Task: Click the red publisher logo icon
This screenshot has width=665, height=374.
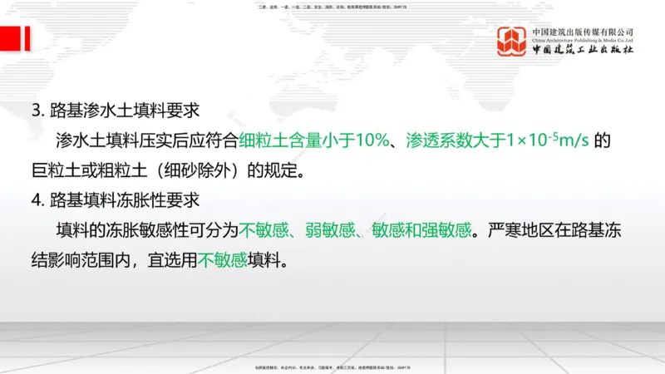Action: click(511, 42)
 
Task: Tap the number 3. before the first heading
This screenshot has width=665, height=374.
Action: click(37, 110)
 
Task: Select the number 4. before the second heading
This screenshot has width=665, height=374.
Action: click(37, 200)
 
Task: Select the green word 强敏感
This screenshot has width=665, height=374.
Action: click(450, 230)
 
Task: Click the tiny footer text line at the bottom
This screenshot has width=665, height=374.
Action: click(332, 367)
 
